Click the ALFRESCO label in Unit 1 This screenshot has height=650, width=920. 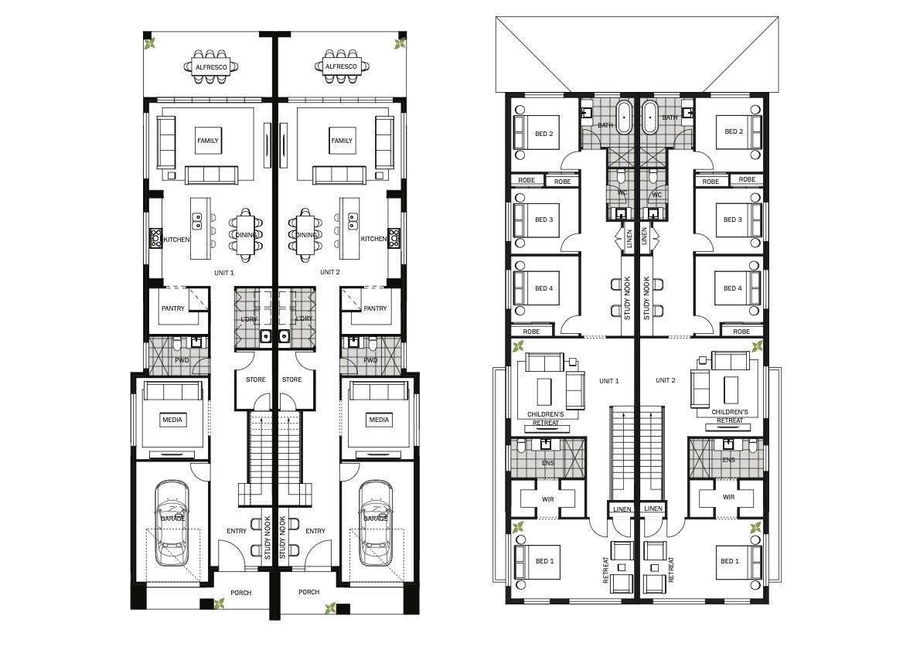[x=211, y=67]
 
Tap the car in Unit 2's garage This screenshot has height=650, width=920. [x=376, y=524]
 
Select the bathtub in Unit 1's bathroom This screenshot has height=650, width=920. [x=624, y=117]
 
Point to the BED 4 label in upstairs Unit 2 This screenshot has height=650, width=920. [x=733, y=288]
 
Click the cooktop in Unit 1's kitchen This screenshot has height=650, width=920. [x=156, y=238]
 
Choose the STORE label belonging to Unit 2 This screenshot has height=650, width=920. [x=291, y=379]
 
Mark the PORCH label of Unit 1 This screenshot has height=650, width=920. [x=240, y=593]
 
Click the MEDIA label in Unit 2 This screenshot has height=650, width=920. [x=379, y=420]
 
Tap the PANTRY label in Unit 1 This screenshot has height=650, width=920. [x=173, y=308]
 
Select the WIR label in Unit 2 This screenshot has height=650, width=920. [x=729, y=497]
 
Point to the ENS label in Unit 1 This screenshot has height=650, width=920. [x=548, y=463]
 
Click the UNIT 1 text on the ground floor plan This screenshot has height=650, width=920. [x=224, y=273]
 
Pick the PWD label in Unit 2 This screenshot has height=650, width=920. [x=370, y=360]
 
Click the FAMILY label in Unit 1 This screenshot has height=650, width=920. [x=208, y=141]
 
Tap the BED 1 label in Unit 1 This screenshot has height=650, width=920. [x=544, y=561]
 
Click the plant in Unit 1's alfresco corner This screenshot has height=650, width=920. [x=151, y=43]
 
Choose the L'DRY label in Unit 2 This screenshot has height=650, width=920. [x=304, y=318]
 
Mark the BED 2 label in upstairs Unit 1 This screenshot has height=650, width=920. [x=544, y=134]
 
